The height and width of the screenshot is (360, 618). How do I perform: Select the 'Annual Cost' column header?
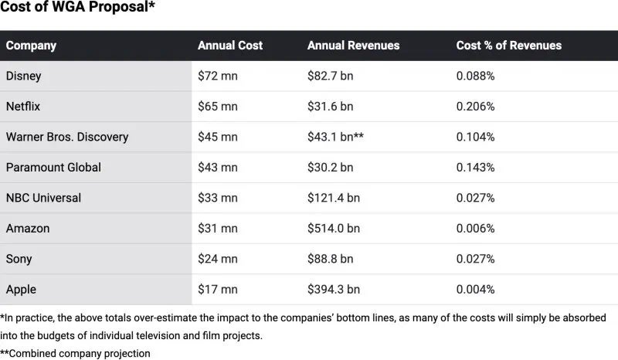(x=229, y=46)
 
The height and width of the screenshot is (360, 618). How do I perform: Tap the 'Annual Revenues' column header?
(x=353, y=46)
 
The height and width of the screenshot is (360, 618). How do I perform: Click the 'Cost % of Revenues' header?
(x=508, y=46)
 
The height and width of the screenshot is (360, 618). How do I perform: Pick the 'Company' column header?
(x=31, y=46)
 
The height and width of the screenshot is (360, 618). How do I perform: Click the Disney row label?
(x=23, y=76)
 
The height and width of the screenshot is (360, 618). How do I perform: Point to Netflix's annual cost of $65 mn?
(x=218, y=107)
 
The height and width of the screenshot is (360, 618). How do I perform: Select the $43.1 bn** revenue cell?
(x=335, y=137)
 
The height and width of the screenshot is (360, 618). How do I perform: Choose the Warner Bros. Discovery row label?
(x=67, y=137)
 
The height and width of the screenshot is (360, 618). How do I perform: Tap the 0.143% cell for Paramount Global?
(x=475, y=168)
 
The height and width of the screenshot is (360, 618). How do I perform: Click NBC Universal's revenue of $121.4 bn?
(x=334, y=198)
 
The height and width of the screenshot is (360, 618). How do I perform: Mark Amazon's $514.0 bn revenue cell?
(x=334, y=229)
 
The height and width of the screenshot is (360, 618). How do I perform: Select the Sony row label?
(x=19, y=259)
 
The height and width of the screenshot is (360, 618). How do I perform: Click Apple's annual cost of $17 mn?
(x=218, y=290)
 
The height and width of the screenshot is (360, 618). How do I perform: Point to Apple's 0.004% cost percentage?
(x=475, y=290)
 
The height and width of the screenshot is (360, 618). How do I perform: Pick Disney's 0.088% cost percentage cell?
(x=475, y=76)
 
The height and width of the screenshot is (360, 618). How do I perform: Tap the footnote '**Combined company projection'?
(x=75, y=353)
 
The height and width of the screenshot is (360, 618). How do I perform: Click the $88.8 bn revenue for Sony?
(x=331, y=259)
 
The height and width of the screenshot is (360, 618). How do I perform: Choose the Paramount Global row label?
(x=53, y=168)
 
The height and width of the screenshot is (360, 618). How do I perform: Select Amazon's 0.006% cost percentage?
(x=475, y=229)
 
